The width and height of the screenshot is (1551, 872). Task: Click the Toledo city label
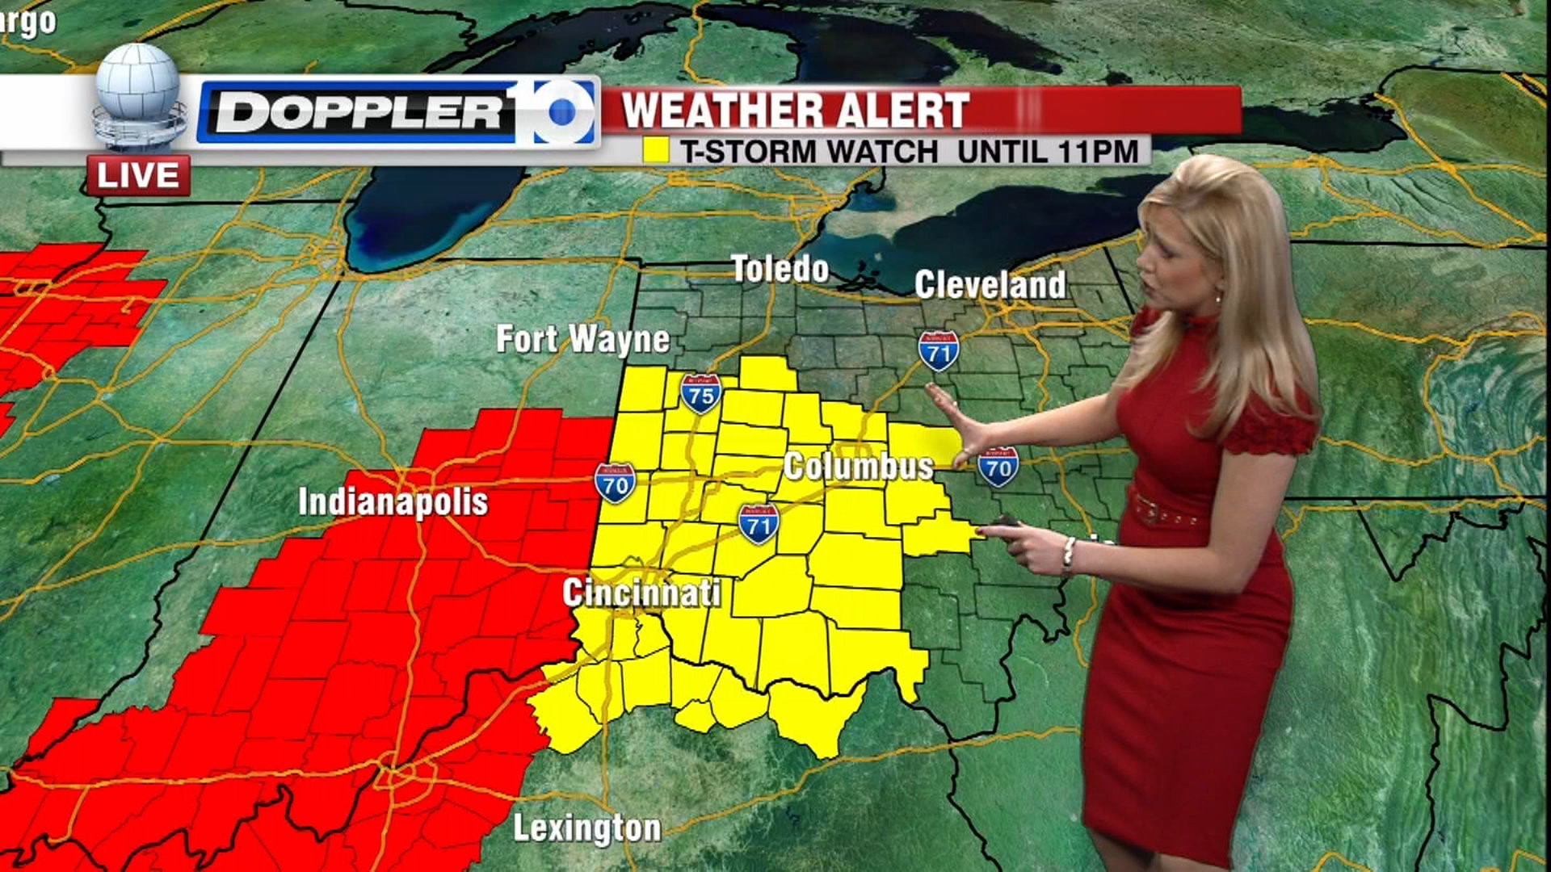coord(780,269)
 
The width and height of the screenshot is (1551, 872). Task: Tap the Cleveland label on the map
coord(990,285)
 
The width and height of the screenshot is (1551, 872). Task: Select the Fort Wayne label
coord(582,339)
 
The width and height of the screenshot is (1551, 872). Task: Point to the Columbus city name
coord(858,467)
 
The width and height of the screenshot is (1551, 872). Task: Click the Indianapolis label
coord(393,501)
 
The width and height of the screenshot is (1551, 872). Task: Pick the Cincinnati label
coord(641,593)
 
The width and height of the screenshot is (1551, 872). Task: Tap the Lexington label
coord(587,828)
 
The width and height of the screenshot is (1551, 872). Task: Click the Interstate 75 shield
coord(700,394)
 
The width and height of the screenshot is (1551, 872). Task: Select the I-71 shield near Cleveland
coord(939,350)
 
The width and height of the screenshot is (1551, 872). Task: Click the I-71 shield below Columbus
coord(758,523)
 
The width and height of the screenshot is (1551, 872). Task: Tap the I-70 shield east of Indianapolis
coord(615,484)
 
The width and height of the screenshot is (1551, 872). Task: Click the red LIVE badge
coord(139,176)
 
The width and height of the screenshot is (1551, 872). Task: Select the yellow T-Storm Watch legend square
coord(655,151)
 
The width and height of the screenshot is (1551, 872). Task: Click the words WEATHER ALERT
coord(795,111)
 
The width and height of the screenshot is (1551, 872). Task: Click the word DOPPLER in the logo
coord(359,111)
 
